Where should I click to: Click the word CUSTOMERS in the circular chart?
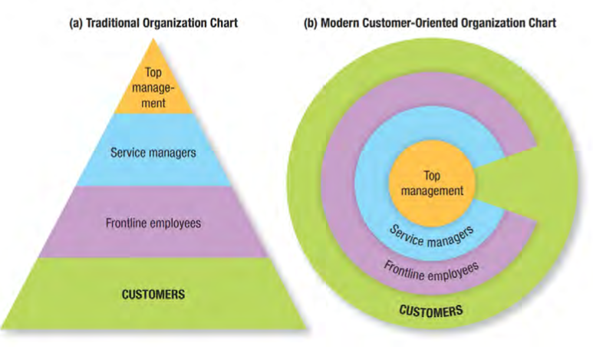point(431,311)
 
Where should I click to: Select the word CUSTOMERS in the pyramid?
point(153,293)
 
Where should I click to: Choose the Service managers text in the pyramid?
point(153,152)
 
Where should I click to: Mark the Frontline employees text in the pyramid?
point(153,223)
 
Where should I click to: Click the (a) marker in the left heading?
point(75,23)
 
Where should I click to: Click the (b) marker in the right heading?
point(311,23)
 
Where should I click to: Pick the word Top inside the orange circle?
point(432,176)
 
